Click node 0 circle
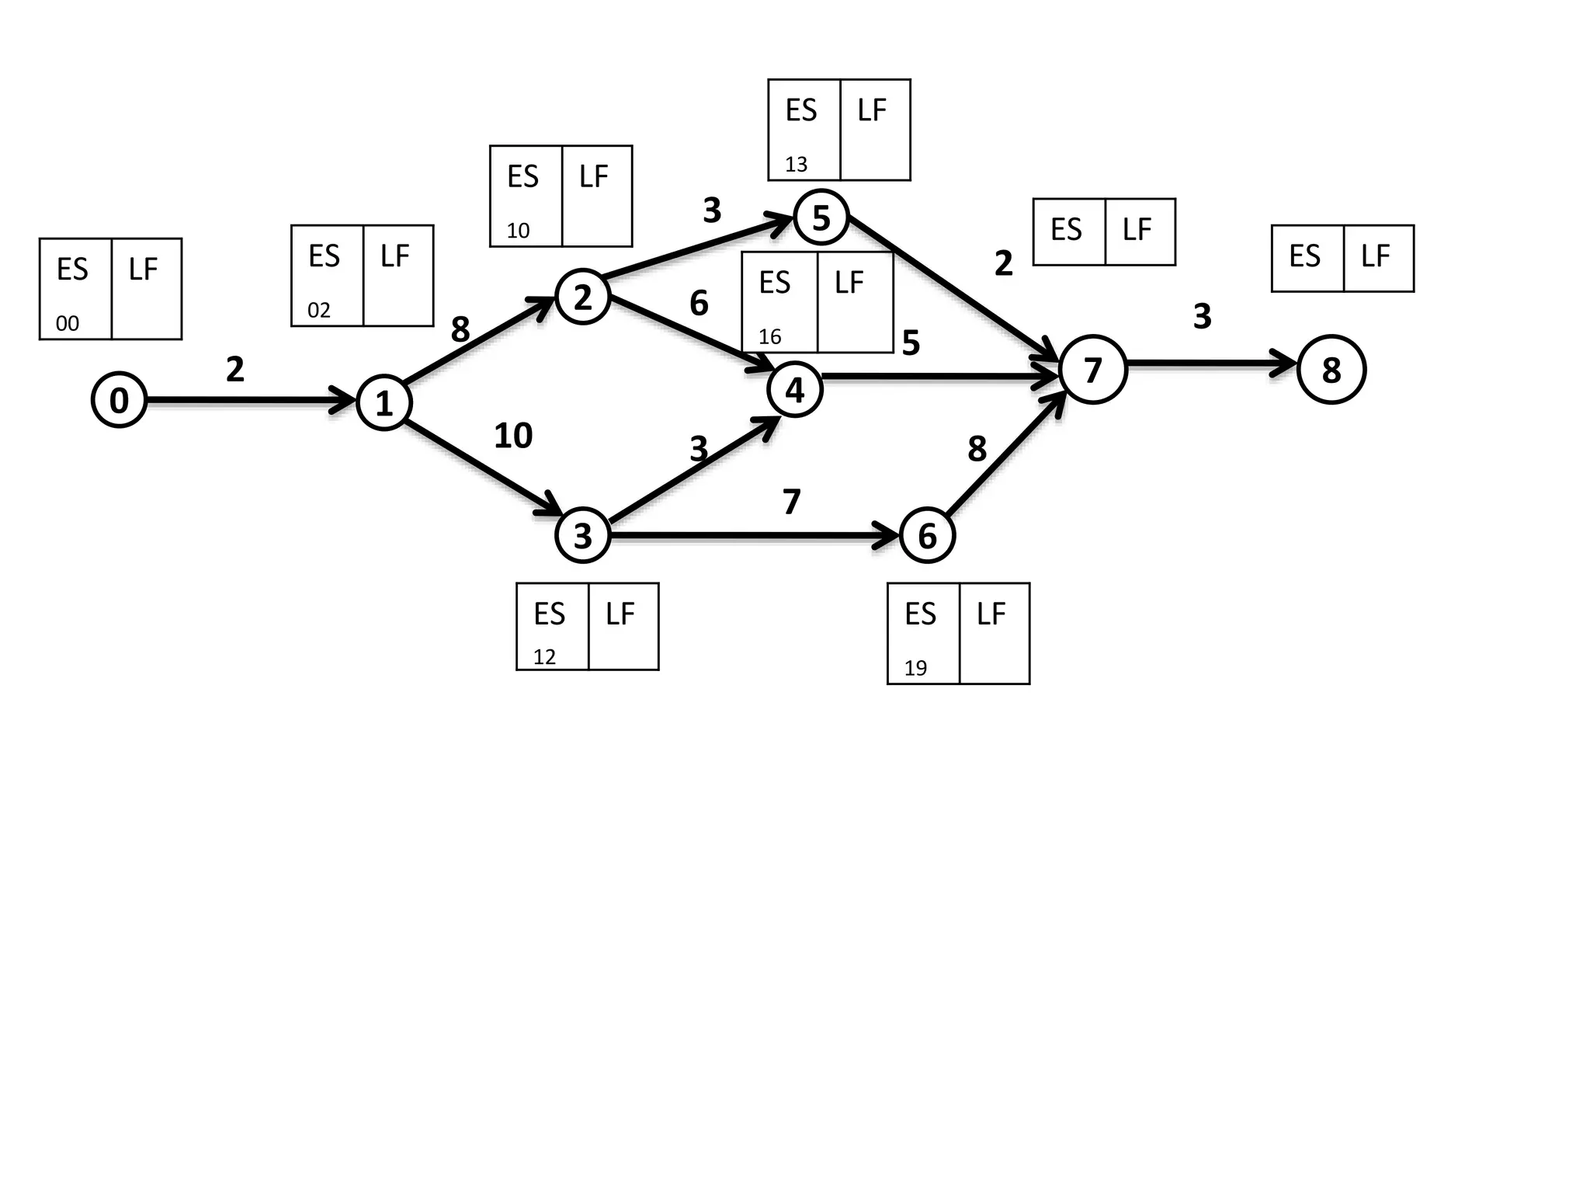(119, 400)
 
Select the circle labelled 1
(384, 402)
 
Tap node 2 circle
(582, 297)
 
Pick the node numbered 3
(582, 535)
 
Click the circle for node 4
(794, 389)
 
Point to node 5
(821, 217)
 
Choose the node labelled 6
(927, 535)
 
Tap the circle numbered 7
(1092, 369)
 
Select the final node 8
(1331, 370)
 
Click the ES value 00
(68, 324)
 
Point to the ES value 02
(319, 311)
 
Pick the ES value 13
(796, 165)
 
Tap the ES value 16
(769, 337)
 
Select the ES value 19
(915, 668)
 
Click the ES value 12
(544, 657)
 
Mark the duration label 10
(513, 436)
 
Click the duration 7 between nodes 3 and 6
(791, 502)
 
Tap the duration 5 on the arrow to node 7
(911, 343)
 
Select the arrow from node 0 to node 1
(248, 401)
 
